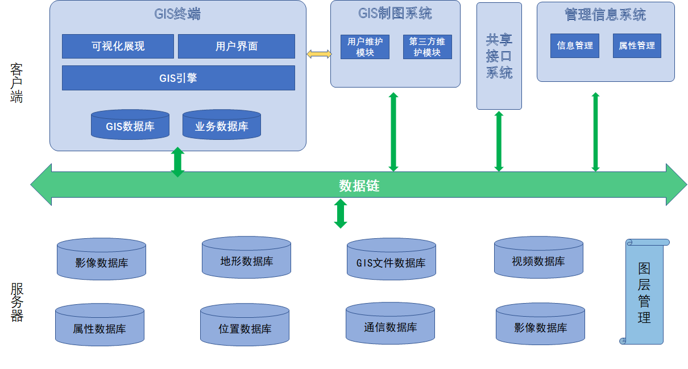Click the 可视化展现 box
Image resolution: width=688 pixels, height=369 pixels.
(118, 46)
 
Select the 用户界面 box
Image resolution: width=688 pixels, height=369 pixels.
(236, 46)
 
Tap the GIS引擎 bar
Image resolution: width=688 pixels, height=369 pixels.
(178, 78)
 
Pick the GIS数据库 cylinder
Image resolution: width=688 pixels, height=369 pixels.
(130, 125)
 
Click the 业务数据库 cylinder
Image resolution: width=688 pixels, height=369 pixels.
(221, 125)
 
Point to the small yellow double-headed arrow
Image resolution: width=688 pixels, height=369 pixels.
(318, 54)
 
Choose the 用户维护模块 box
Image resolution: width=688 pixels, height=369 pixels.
(365, 47)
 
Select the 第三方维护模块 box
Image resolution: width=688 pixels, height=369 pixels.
(427, 47)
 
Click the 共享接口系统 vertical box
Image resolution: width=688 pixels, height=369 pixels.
(499, 56)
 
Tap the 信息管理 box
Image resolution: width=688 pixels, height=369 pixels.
(574, 45)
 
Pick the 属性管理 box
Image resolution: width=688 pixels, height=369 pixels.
(637, 45)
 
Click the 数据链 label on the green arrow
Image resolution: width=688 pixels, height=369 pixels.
(359, 185)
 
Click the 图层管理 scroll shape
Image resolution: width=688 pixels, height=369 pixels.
(644, 292)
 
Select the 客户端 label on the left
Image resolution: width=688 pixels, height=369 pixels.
(16, 83)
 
